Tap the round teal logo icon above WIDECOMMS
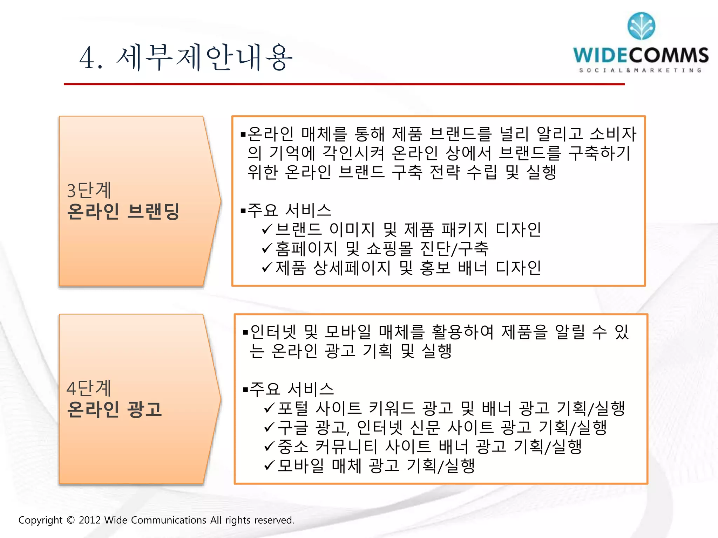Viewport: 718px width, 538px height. pyautogui.click(x=641, y=26)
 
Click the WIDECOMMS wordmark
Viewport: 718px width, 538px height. pyautogui.click(x=641, y=55)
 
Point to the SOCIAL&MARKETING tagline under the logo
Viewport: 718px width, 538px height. pyautogui.click(x=640, y=70)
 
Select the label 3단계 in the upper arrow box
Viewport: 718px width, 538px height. pyautogui.click(x=89, y=190)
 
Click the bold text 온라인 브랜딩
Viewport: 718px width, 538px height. pyautogui.click(x=123, y=211)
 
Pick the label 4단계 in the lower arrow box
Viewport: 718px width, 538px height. pyautogui.click(x=89, y=388)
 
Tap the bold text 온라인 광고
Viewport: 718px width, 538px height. pyautogui.click(x=114, y=409)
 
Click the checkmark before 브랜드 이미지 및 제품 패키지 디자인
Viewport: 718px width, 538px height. pyautogui.click(x=267, y=229)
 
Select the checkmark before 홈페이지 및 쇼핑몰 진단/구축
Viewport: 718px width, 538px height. pyautogui.click(x=267, y=248)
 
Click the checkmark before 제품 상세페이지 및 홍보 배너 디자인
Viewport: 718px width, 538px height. pyautogui.click(x=267, y=268)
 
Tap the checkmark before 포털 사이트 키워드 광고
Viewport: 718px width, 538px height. pyautogui.click(x=269, y=408)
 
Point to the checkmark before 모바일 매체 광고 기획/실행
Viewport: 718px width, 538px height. pyautogui.click(x=269, y=465)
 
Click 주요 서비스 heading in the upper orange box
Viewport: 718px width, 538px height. pyautogui.click(x=289, y=210)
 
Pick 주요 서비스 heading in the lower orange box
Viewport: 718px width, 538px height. pyautogui.click(x=292, y=389)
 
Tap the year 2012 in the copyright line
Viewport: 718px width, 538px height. pyautogui.click(x=90, y=520)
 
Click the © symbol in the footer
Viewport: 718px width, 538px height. pyautogui.click(x=70, y=520)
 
